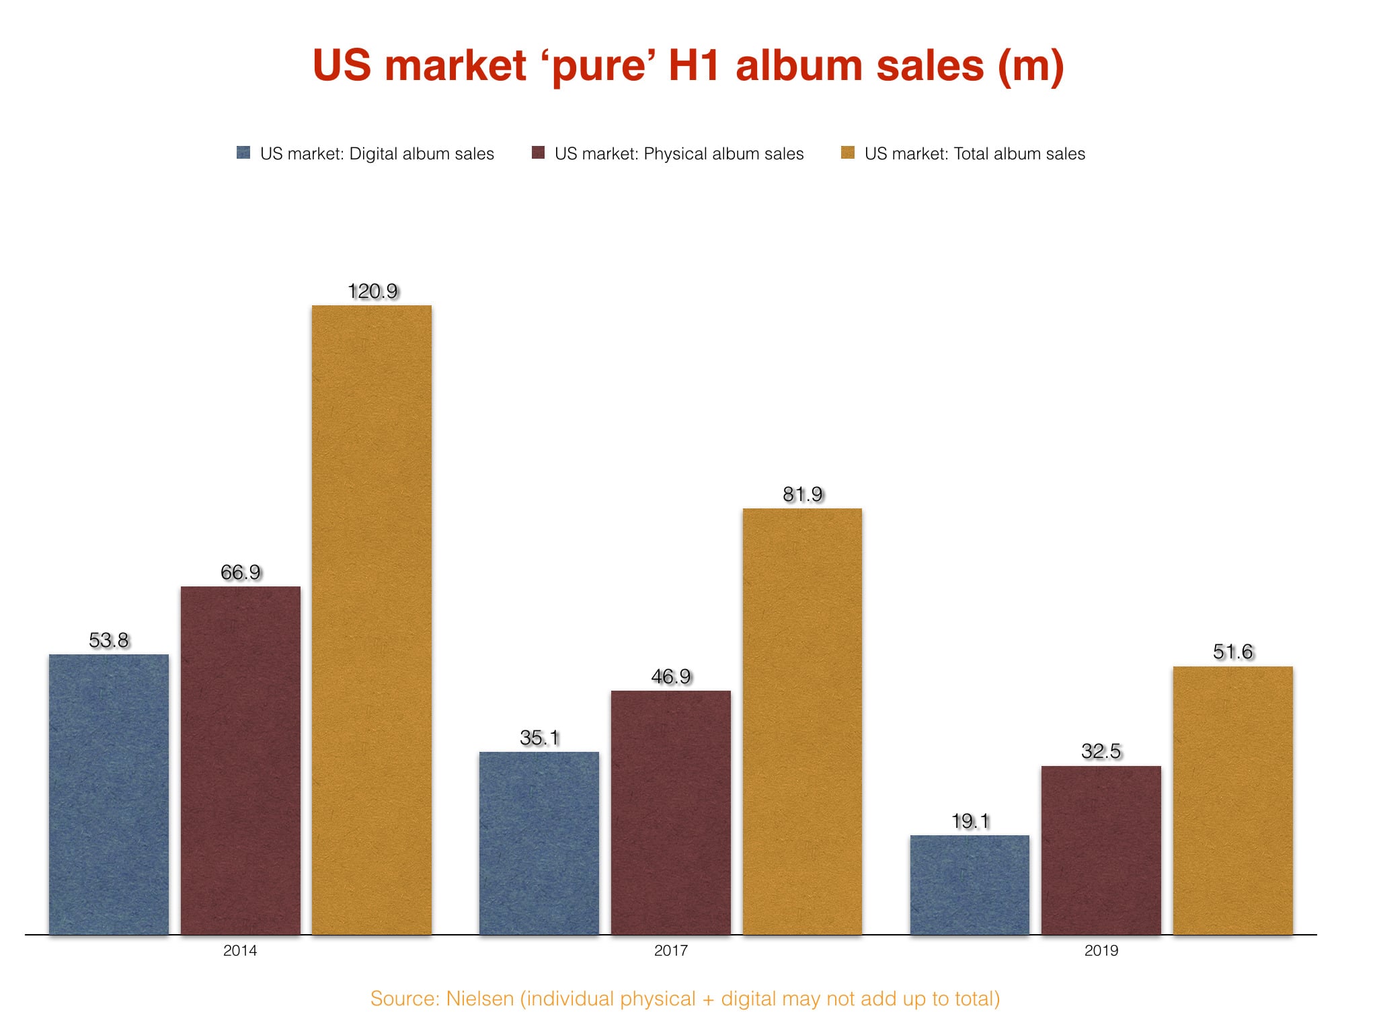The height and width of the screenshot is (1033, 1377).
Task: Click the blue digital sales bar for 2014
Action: (109, 794)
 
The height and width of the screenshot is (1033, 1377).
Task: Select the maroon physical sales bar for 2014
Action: (241, 760)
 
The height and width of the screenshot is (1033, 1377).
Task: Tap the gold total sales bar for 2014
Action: (372, 619)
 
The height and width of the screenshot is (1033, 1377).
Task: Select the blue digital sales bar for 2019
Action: (970, 884)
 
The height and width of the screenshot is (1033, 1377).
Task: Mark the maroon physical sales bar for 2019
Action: (1101, 850)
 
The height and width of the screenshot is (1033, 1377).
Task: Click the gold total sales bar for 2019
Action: (1233, 800)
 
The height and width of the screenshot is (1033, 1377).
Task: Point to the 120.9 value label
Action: (372, 291)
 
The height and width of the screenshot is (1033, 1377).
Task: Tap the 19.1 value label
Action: (970, 821)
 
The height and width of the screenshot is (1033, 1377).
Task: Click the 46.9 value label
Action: (671, 677)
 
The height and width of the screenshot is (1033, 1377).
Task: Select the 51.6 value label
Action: (1233, 652)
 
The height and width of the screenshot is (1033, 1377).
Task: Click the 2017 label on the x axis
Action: (671, 950)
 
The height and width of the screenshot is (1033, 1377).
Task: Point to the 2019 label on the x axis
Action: (1101, 950)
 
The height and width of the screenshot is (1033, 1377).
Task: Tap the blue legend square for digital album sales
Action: (243, 153)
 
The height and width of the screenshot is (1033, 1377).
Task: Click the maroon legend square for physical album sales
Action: (538, 153)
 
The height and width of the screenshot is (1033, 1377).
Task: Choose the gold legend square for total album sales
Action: (848, 153)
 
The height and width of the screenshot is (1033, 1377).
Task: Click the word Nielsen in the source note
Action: (479, 999)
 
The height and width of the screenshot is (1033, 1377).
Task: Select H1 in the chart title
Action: (694, 66)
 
